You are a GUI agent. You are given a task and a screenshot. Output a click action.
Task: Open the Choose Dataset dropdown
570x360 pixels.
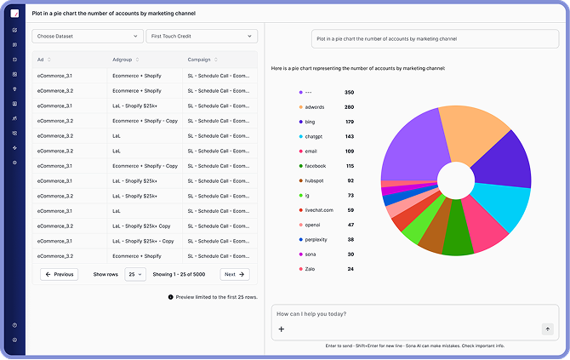[87, 37]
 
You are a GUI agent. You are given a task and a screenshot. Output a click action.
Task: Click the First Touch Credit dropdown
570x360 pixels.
[201, 37]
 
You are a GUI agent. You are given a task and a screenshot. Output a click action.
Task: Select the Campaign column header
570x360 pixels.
[202, 60]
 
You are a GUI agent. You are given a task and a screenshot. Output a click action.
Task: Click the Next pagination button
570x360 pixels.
[234, 274]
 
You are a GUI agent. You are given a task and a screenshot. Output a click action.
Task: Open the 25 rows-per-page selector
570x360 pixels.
[135, 274]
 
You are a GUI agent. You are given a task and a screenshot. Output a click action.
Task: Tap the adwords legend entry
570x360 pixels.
[315, 107]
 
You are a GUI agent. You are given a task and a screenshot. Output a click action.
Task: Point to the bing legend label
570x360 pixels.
[311, 122]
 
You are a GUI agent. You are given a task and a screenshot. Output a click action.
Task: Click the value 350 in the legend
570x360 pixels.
[349, 92]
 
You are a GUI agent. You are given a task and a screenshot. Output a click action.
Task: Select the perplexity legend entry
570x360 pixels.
[318, 239]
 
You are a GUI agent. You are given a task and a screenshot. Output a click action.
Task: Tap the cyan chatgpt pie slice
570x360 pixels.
[502, 204]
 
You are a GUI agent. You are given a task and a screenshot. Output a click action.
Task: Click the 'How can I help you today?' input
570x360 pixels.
[408, 314]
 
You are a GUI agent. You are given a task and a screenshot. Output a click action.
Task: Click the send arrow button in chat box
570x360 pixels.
[547, 329]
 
